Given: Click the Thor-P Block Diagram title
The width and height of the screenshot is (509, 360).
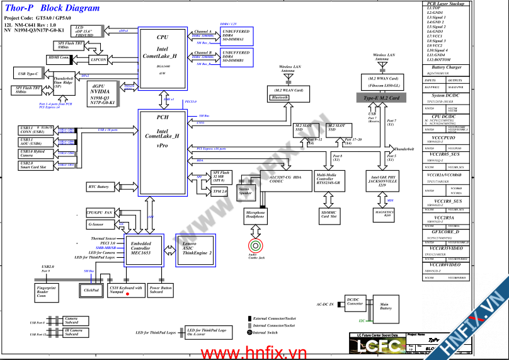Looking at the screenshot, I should pos(52,8).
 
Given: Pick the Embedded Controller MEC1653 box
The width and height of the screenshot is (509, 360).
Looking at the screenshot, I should pos(140,247).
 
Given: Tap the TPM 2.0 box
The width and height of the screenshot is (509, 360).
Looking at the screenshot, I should pos(220,191).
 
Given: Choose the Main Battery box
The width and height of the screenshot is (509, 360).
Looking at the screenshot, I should pos(386,307).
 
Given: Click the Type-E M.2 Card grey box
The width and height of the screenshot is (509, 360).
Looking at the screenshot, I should pos(382,98).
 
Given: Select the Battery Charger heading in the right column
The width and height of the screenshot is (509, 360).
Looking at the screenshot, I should pos(447,67).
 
